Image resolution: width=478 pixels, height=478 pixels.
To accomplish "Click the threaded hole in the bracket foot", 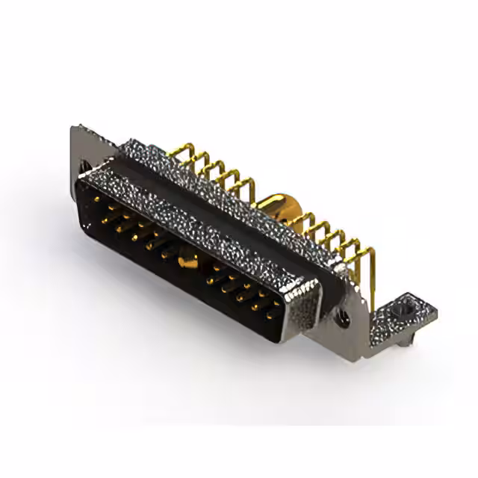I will tap(405, 306).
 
